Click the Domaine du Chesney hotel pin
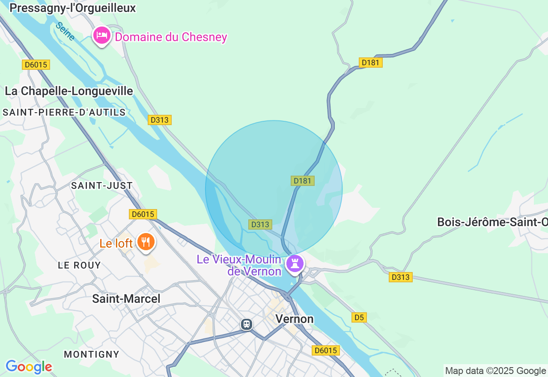[102, 36]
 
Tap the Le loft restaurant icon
[146, 242]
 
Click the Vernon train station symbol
[247, 324]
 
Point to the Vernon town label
[294, 319]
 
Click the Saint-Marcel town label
[126, 299]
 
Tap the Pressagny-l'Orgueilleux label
[72, 8]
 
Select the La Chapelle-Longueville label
[69, 91]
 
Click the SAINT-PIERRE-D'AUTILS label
[64, 112]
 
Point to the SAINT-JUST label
[102, 186]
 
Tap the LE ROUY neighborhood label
[80, 265]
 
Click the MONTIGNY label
[92, 354]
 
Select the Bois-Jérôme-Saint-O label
[492, 222]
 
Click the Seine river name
[66, 31]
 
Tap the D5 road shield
[359, 317]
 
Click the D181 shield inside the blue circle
[303, 181]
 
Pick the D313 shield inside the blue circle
[260, 224]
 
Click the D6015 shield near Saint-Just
[143, 214]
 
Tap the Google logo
[29, 367]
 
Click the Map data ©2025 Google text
[495, 371]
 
